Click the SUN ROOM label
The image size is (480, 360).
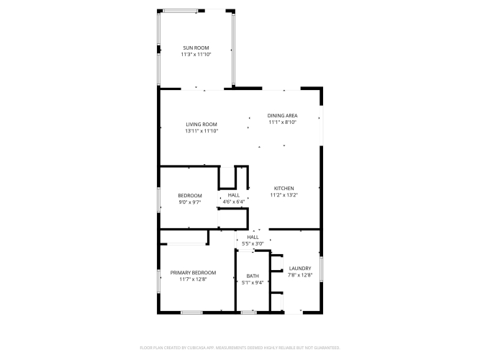196,48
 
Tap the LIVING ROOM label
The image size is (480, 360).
201,125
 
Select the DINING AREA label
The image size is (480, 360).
283,115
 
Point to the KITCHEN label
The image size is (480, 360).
284,189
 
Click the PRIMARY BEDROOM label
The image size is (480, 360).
193,273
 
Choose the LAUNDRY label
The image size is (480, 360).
300,269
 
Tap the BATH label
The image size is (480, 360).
253,276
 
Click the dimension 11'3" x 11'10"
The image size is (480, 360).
196,55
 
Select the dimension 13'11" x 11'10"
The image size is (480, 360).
201,131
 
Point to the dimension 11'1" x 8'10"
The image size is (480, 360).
283,122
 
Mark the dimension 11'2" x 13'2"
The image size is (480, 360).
284,195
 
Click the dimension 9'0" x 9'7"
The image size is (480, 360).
190,202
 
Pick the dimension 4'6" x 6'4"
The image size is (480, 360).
234,202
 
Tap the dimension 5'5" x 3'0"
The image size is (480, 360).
253,244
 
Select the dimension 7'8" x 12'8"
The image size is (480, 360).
300,275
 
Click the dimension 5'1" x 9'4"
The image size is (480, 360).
253,283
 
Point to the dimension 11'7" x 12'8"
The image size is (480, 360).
193,279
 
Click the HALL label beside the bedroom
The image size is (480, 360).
234,195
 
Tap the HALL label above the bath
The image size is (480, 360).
253,237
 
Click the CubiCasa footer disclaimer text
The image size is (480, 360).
240,348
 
